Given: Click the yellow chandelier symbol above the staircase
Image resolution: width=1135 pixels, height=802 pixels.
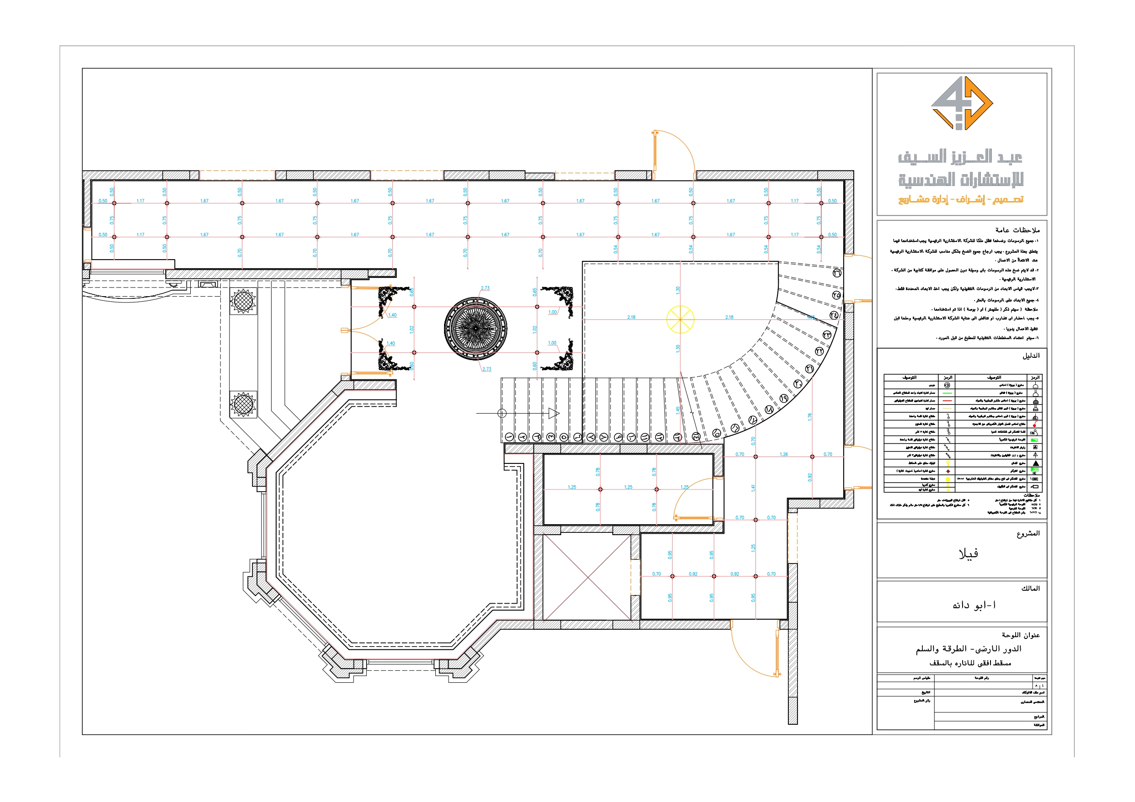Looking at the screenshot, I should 680,319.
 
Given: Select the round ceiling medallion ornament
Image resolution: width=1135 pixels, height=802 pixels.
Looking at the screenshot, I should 475,328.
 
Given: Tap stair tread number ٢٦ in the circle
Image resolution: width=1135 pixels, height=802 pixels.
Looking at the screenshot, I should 837,273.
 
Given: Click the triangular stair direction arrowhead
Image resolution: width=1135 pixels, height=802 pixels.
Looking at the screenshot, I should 554,413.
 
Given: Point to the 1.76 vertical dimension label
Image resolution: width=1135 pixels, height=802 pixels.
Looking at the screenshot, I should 810,417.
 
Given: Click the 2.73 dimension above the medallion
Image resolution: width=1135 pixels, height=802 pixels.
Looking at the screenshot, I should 485,288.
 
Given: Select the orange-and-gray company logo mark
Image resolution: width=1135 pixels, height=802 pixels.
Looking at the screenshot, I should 962,103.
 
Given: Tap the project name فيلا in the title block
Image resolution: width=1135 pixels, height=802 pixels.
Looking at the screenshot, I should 968,554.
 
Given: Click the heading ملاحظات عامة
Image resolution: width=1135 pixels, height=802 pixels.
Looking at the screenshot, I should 1017,230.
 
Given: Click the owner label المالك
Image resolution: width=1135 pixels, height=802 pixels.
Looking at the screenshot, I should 1030,589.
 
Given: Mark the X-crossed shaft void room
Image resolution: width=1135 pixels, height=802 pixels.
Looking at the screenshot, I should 587,577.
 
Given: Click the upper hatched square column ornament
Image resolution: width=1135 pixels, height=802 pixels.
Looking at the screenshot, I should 243,300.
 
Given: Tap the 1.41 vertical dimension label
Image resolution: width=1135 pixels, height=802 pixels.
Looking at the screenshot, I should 753,488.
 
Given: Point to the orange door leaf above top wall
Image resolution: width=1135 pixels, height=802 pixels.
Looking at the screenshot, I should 654,154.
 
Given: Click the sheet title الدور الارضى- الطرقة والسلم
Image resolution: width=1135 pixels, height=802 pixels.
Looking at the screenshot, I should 968,649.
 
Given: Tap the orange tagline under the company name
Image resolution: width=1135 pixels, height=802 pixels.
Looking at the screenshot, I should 960,200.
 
